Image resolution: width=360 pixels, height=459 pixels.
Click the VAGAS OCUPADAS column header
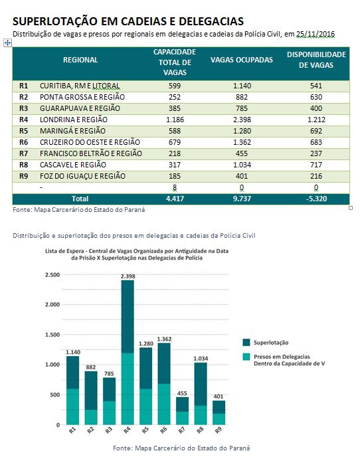(242, 60)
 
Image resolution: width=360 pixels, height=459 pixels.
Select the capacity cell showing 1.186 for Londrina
(175, 120)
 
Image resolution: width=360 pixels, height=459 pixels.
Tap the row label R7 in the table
(23, 153)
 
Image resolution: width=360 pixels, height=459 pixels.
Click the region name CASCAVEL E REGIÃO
(73, 165)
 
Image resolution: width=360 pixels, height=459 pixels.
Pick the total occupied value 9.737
(242, 199)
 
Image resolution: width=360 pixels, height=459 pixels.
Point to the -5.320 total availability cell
(316, 199)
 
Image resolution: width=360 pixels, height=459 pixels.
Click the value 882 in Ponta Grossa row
(242, 97)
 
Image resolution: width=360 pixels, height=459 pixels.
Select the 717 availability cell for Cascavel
(316, 165)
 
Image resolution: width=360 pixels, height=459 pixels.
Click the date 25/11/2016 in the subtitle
(315, 35)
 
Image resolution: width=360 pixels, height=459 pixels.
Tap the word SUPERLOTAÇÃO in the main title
(55, 21)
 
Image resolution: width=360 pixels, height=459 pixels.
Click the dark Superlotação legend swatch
(246, 343)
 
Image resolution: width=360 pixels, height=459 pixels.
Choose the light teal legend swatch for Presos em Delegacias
(246, 357)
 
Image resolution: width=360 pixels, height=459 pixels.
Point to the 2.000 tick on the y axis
(52, 304)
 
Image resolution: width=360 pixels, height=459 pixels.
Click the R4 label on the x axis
(127, 430)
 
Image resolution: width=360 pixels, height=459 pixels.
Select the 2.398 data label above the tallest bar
(128, 276)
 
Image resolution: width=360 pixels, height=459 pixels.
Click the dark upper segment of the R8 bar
(201, 384)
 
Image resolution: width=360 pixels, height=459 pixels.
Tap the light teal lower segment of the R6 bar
(164, 405)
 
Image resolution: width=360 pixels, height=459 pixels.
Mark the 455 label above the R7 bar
(182, 393)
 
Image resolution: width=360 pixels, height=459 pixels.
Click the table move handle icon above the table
(7, 43)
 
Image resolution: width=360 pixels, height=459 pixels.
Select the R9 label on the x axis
(218, 430)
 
